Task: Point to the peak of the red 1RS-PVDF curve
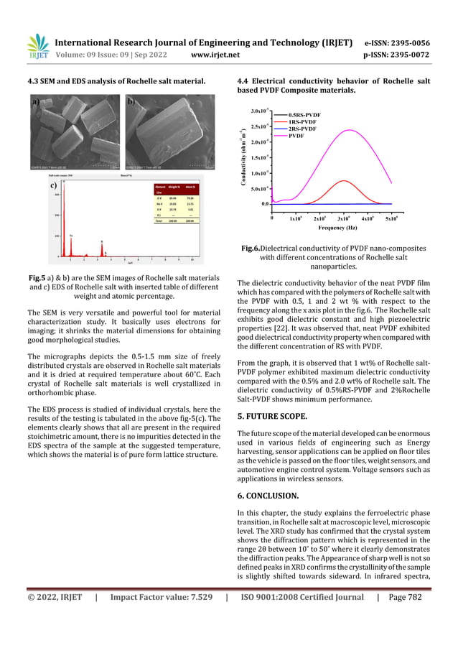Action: (x=344, y=180)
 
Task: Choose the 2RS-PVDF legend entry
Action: (x=302, y=129)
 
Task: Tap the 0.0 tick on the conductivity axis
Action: (x=265, y=204)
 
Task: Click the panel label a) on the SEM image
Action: (x=35, y=103)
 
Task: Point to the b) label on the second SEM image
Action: (x=131, y=103)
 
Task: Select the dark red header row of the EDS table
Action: (x=173, y=189)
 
